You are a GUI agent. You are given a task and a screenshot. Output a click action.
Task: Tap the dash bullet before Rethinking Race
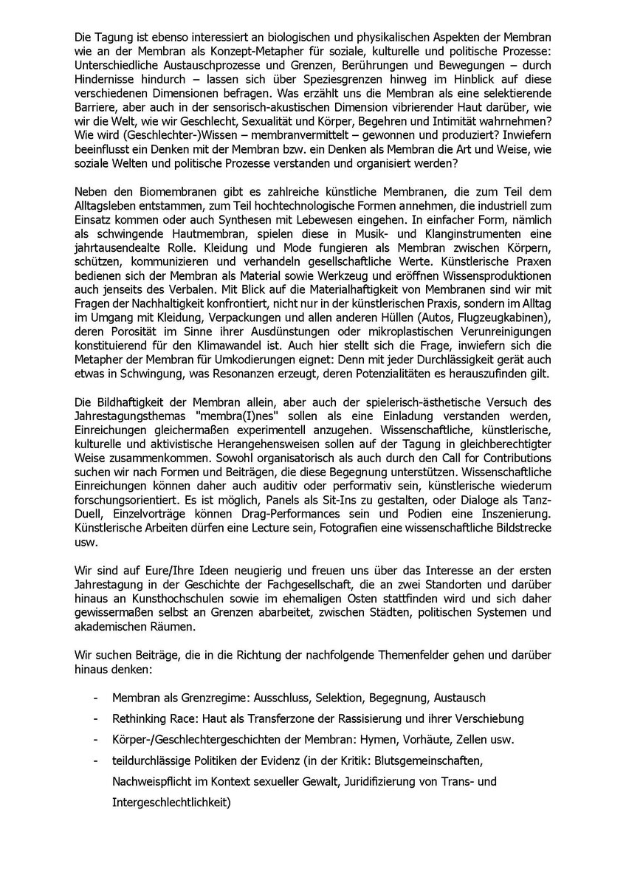click(x=95, y=718)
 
